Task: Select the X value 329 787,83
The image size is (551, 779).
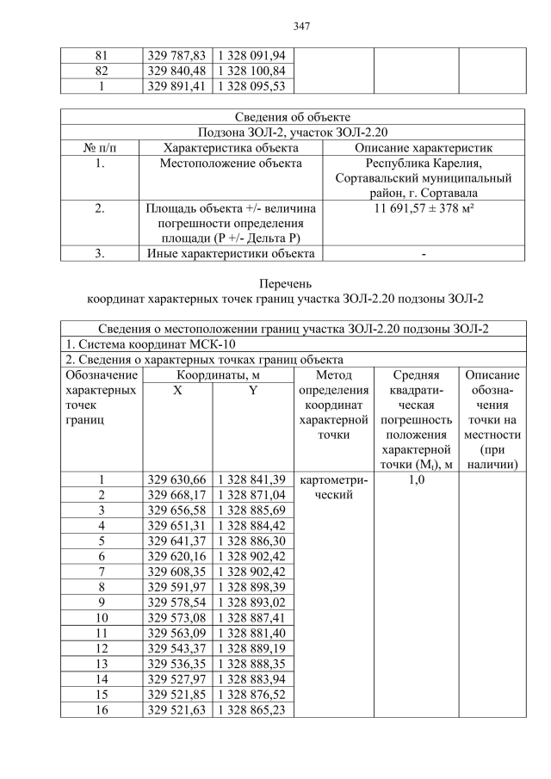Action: tap(176, 56)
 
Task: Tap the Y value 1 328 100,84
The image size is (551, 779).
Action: tap(254, 71)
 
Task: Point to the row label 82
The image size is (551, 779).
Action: tap(102, 71)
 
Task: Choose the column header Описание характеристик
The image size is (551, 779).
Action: tap(424, 147)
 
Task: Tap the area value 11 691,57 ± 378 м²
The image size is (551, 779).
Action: tap(424, 208)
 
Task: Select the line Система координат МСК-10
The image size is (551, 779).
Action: tap(141, 344)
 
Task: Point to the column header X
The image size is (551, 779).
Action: tap(176, 390)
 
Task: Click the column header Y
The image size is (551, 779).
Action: tap(254, 390)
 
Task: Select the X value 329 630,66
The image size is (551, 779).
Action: tap(176, 480)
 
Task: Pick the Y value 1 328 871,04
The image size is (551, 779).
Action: tap(254, 496)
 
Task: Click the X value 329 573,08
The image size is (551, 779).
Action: tap(176, 617)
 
